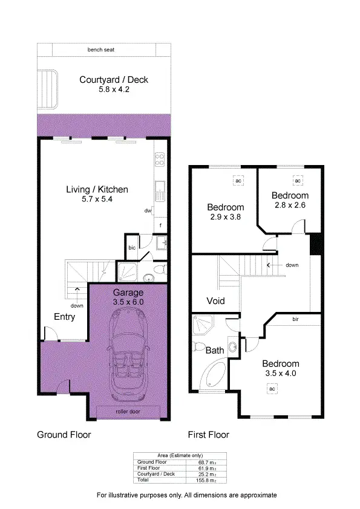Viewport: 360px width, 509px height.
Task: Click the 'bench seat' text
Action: tap(101, 50)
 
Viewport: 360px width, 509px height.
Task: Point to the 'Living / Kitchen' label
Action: tap(97, 189)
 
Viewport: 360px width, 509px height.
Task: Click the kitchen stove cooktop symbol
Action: tap(160, 160)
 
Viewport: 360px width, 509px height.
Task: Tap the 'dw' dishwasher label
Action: tap(148, 211)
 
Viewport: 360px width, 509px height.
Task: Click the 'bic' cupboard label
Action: tap(131, 247)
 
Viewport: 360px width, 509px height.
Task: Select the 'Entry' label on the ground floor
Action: tap(65, 317)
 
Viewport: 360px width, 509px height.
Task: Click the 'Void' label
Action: tap(216, 300)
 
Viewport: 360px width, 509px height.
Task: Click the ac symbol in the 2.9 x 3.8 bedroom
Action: tap(238, 180)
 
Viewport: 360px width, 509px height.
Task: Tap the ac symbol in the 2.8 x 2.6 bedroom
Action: tap(297, 180)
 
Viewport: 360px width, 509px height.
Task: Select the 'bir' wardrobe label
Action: tap(295, 319)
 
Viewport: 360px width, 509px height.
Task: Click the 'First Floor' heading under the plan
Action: tap(209, 434)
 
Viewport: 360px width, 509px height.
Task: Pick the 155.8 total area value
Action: tap(206, 480)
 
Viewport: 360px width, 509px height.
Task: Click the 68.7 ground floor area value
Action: tap(206, 462)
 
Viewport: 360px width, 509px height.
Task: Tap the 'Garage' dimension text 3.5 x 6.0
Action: tap(128, 301)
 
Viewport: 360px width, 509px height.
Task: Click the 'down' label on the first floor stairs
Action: tap(292, 265)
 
